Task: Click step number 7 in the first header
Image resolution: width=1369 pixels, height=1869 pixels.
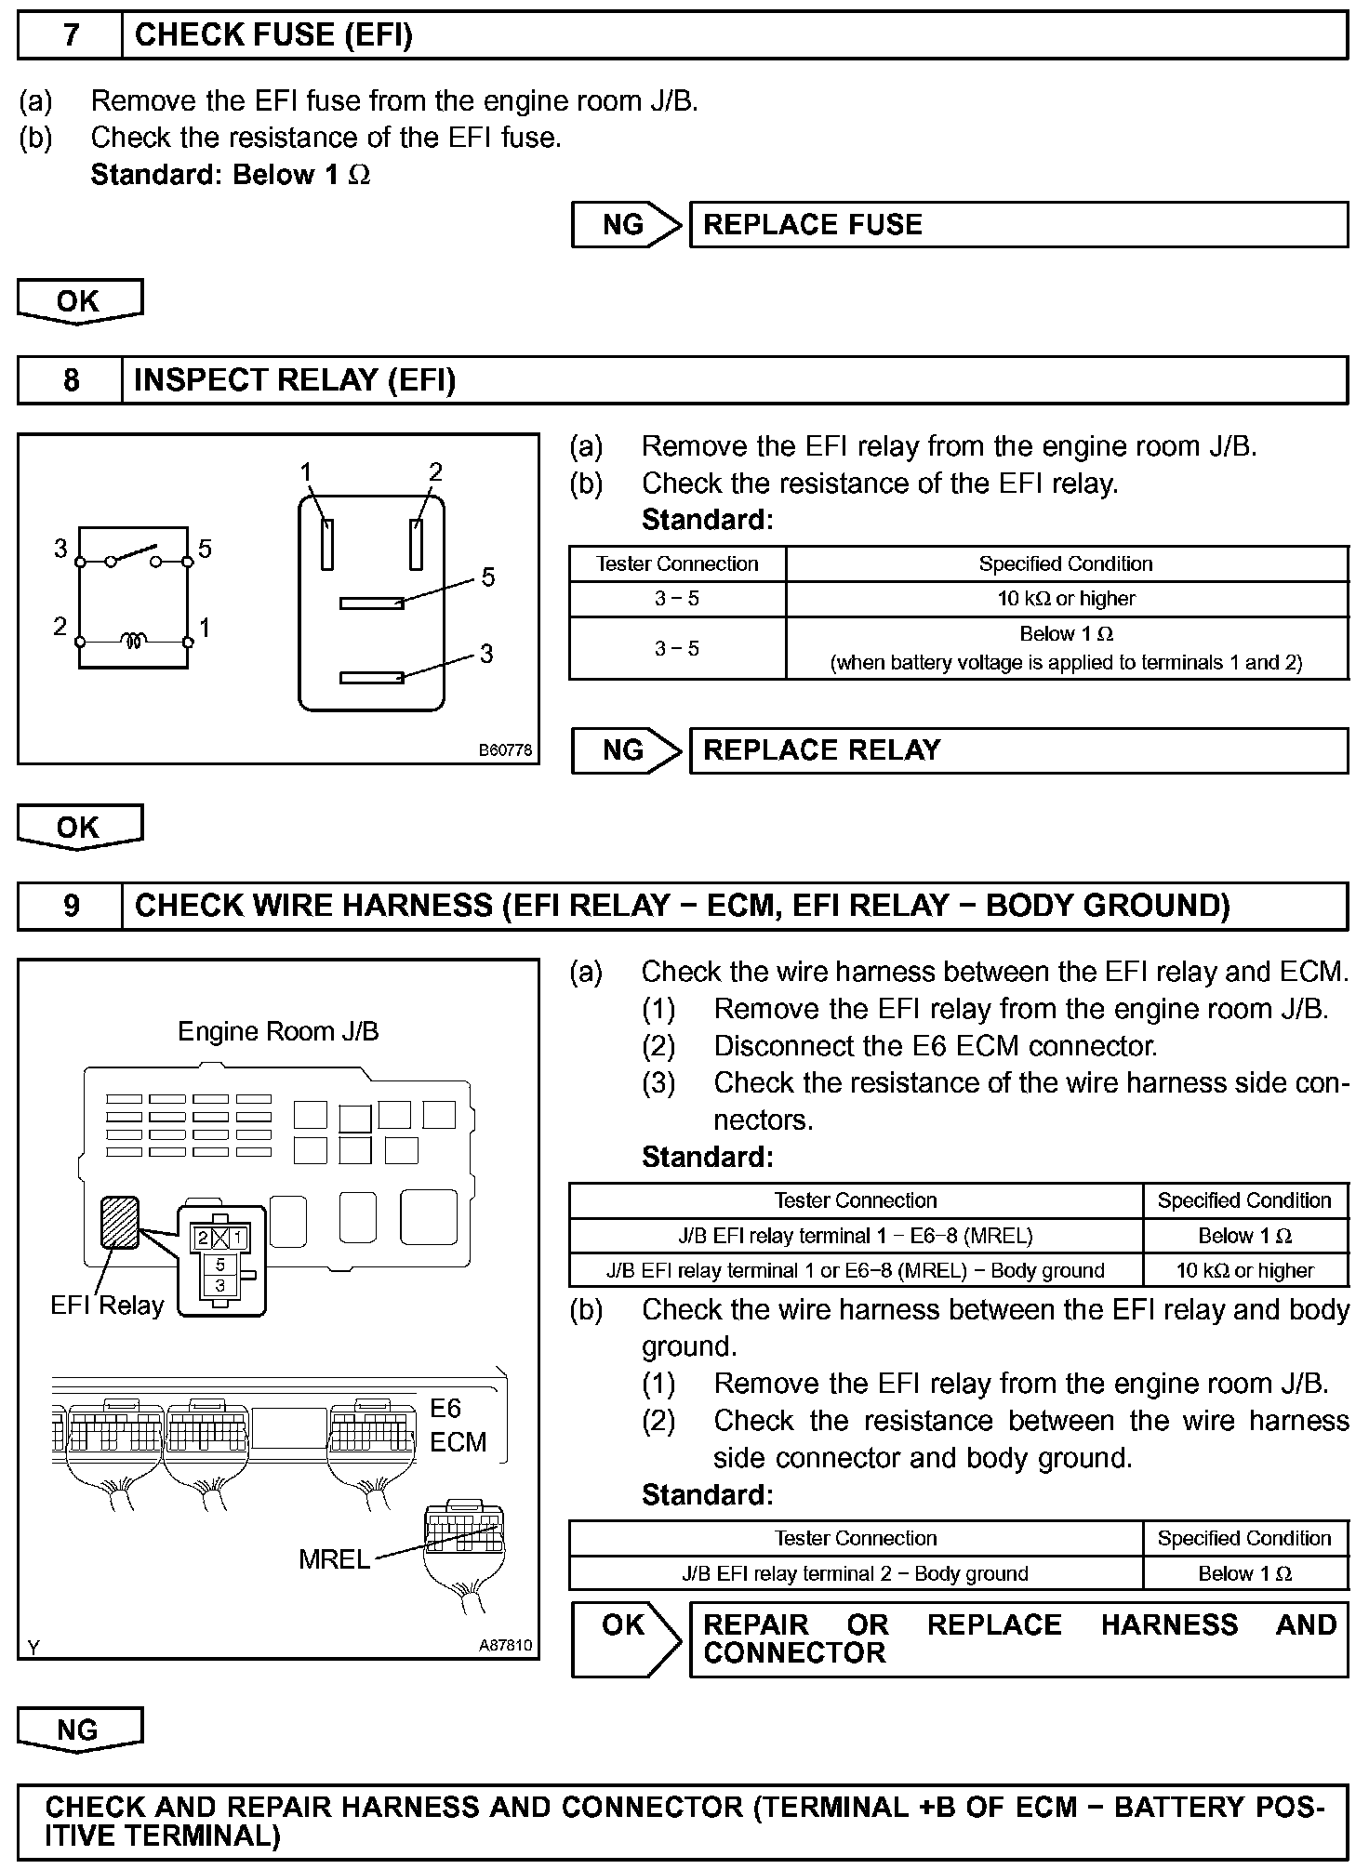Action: pos(71,35)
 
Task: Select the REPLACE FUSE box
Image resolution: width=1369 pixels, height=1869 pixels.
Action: pos(1017,225)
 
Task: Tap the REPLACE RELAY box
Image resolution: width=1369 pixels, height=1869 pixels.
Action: pos(1017,750)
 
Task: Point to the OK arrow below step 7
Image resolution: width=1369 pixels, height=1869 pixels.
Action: pos(79,301)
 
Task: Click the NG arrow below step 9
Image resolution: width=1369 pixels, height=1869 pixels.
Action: pos(79,1730)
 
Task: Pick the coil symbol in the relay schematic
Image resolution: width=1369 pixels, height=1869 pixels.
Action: pos(134,641)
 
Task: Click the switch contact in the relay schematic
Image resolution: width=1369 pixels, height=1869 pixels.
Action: pos(134,555)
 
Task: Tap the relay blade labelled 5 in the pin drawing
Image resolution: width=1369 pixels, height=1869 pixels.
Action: pos(371,603)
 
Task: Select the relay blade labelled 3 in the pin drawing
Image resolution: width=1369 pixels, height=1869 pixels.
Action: pos(371,678)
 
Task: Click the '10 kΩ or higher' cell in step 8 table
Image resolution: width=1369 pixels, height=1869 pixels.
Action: pos(1066,599)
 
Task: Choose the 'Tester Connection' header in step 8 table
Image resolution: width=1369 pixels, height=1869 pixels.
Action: pos(677,563)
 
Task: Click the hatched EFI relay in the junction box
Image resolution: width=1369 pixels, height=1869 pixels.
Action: pos(120,1222)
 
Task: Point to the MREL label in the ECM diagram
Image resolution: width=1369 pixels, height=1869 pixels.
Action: pos(334,1559)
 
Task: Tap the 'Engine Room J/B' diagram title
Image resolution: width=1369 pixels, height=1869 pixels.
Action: pos(278,1031)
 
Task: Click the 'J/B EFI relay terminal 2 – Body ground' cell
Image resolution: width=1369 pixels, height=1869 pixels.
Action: pos(855,1573)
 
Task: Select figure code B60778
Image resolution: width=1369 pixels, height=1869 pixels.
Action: pos(506,749)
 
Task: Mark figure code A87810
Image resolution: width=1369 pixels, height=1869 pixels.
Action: pos(506,1645)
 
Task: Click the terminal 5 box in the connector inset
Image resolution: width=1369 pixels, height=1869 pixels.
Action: pos(220,1265)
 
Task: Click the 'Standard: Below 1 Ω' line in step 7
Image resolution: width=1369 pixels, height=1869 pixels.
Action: pos(231,175)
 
